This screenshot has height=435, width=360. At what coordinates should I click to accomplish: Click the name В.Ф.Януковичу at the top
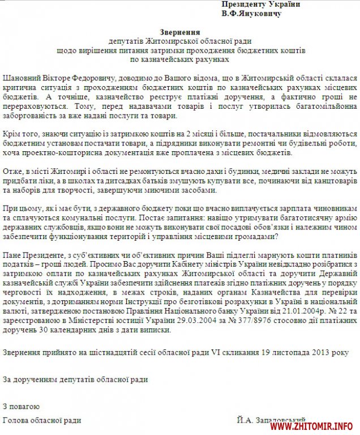(251, 13)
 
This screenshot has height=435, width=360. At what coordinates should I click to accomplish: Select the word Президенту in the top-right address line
(241, 4)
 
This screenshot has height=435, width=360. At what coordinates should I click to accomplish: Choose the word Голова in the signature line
(16, 420)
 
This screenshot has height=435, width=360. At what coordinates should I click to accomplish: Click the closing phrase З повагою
(21, 406)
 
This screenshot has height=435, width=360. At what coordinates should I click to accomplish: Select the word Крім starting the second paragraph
(13, 132)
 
